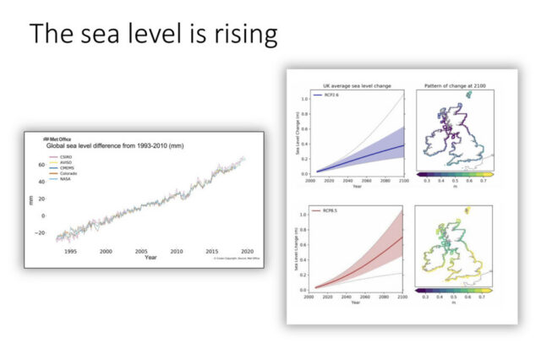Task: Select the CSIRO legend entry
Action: (x=58, y=156)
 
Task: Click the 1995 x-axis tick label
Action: (x=70, y=251)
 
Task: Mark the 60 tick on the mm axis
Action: (x=40, y=165)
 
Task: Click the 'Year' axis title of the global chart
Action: (x=150, y=257)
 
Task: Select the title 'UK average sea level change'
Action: (x=356, y=86)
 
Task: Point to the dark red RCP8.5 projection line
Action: (x=372, y=263)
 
